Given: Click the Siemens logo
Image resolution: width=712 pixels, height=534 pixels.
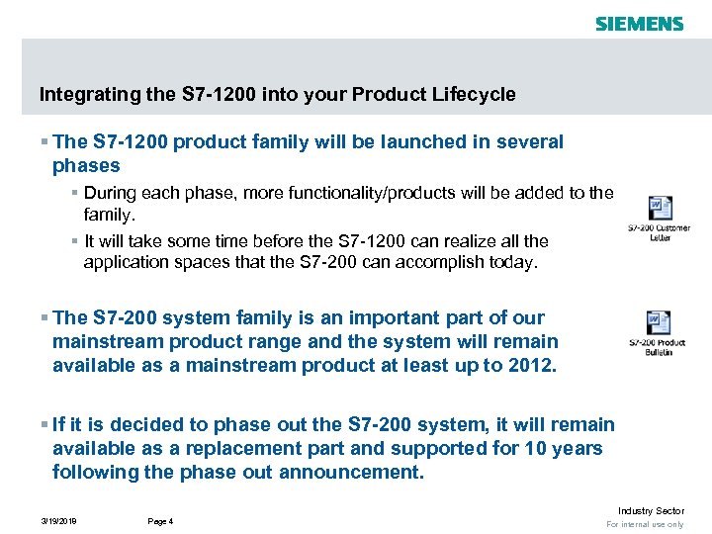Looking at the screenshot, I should (x=639, y=23).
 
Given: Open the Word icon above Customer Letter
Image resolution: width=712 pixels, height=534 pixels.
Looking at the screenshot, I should (x=660, y=209).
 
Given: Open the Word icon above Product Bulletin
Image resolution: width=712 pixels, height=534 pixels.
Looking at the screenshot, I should (x=659, y=322).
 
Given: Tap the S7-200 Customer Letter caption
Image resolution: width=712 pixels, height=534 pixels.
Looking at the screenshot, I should (x=660, y=232).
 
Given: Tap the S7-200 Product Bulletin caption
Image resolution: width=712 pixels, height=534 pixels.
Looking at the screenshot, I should (x=659, y=347).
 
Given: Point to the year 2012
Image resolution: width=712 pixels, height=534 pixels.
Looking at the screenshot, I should (x=533, y=365).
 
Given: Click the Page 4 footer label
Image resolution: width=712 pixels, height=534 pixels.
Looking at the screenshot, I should (x=160, y=520).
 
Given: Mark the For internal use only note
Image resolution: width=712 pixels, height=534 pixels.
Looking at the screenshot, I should (x=645, y=524).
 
